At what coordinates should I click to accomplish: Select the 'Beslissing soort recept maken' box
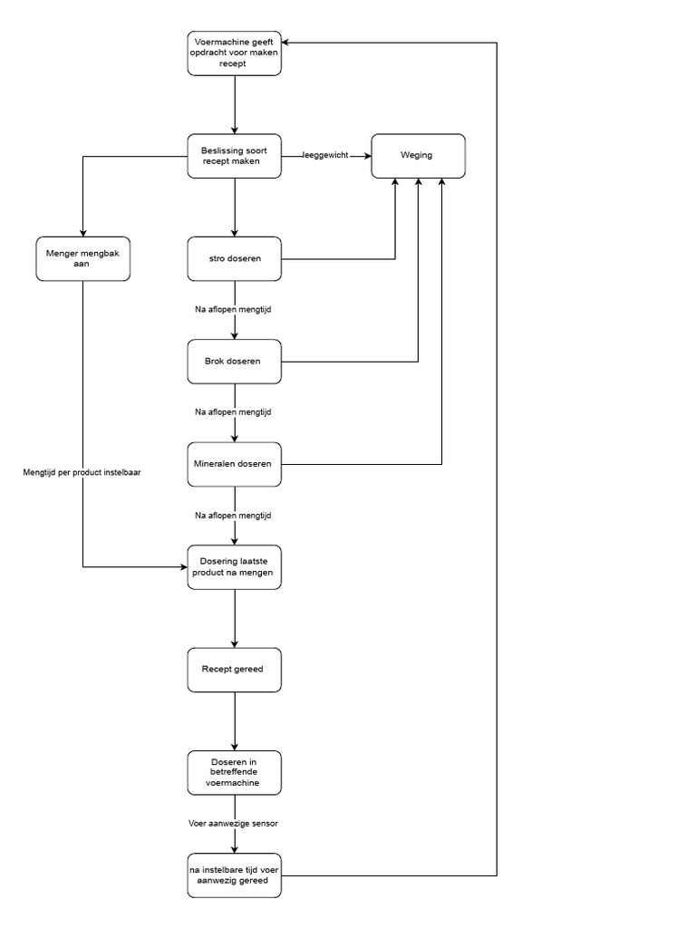pos(235,156)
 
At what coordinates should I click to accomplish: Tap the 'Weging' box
pos(418,156)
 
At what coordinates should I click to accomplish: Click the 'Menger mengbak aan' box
pos(82,258)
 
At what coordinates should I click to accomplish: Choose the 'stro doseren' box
pos(235,259)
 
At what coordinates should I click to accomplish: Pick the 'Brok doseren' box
pos(235,362)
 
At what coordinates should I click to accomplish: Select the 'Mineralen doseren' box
pos(235,465)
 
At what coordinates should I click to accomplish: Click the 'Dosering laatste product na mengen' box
pos(235,567)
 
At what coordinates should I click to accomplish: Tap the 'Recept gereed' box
pos(235,670)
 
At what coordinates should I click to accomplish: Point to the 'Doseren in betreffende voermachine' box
pos(235,773)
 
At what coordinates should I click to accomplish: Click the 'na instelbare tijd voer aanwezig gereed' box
pos(235,875)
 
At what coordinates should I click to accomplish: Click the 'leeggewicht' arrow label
pos(325,156)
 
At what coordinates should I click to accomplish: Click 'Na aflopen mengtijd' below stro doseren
pos(234,310)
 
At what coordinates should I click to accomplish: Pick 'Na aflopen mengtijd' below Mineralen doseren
pos(234,516)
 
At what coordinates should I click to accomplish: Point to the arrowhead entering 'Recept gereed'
pos(235,643)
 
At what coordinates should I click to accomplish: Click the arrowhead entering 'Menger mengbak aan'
pos(82,231)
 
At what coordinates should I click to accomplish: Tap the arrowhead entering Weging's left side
pos(367,156)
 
